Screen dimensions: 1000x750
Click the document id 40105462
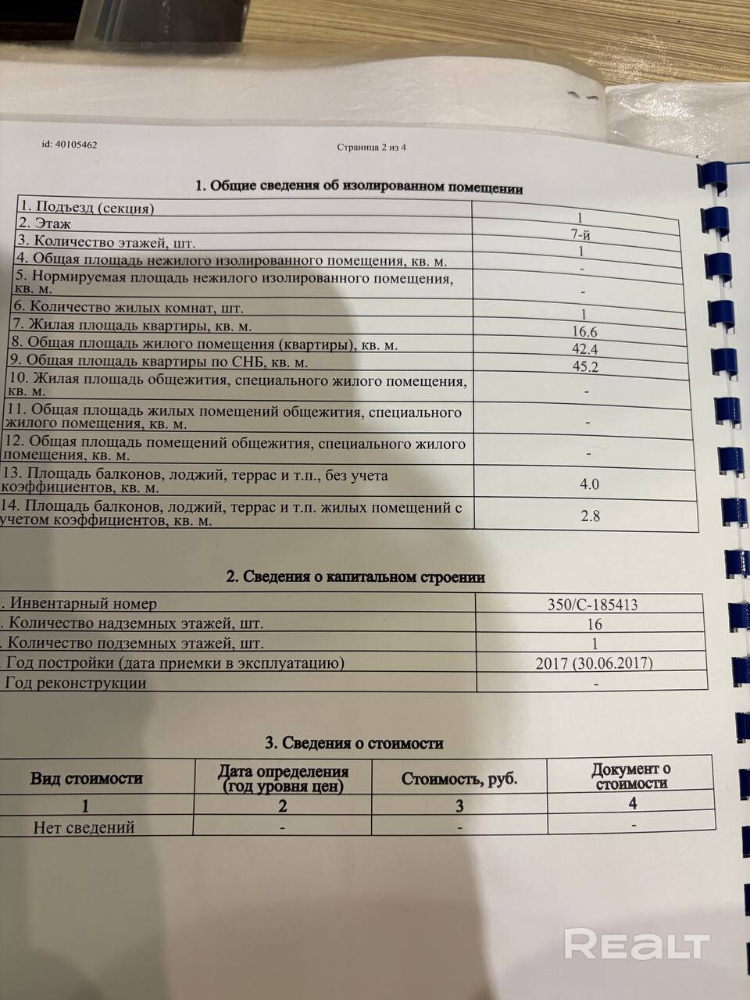point(70,145)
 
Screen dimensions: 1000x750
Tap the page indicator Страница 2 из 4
point(371,147)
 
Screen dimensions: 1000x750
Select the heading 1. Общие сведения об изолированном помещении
point(359,187)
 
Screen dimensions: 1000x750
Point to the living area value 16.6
point(584,332)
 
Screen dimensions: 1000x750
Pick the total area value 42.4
point(584,349)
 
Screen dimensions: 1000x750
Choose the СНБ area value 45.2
point(585,366)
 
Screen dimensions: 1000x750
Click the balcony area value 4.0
point(589,484)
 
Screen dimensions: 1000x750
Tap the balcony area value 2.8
point(590,516)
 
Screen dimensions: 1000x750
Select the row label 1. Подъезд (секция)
point(87,208)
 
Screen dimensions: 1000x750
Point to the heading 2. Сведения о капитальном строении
point(355,577)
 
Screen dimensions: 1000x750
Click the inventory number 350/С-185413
point(593,604)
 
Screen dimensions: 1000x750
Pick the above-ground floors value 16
point(594,624)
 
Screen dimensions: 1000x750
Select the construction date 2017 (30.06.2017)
point(594,663)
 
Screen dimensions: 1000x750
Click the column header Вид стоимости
point(86,778)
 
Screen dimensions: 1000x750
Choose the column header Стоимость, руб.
point(459,779)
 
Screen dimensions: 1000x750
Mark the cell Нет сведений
point(84,827)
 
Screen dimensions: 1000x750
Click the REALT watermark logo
point(637,945)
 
